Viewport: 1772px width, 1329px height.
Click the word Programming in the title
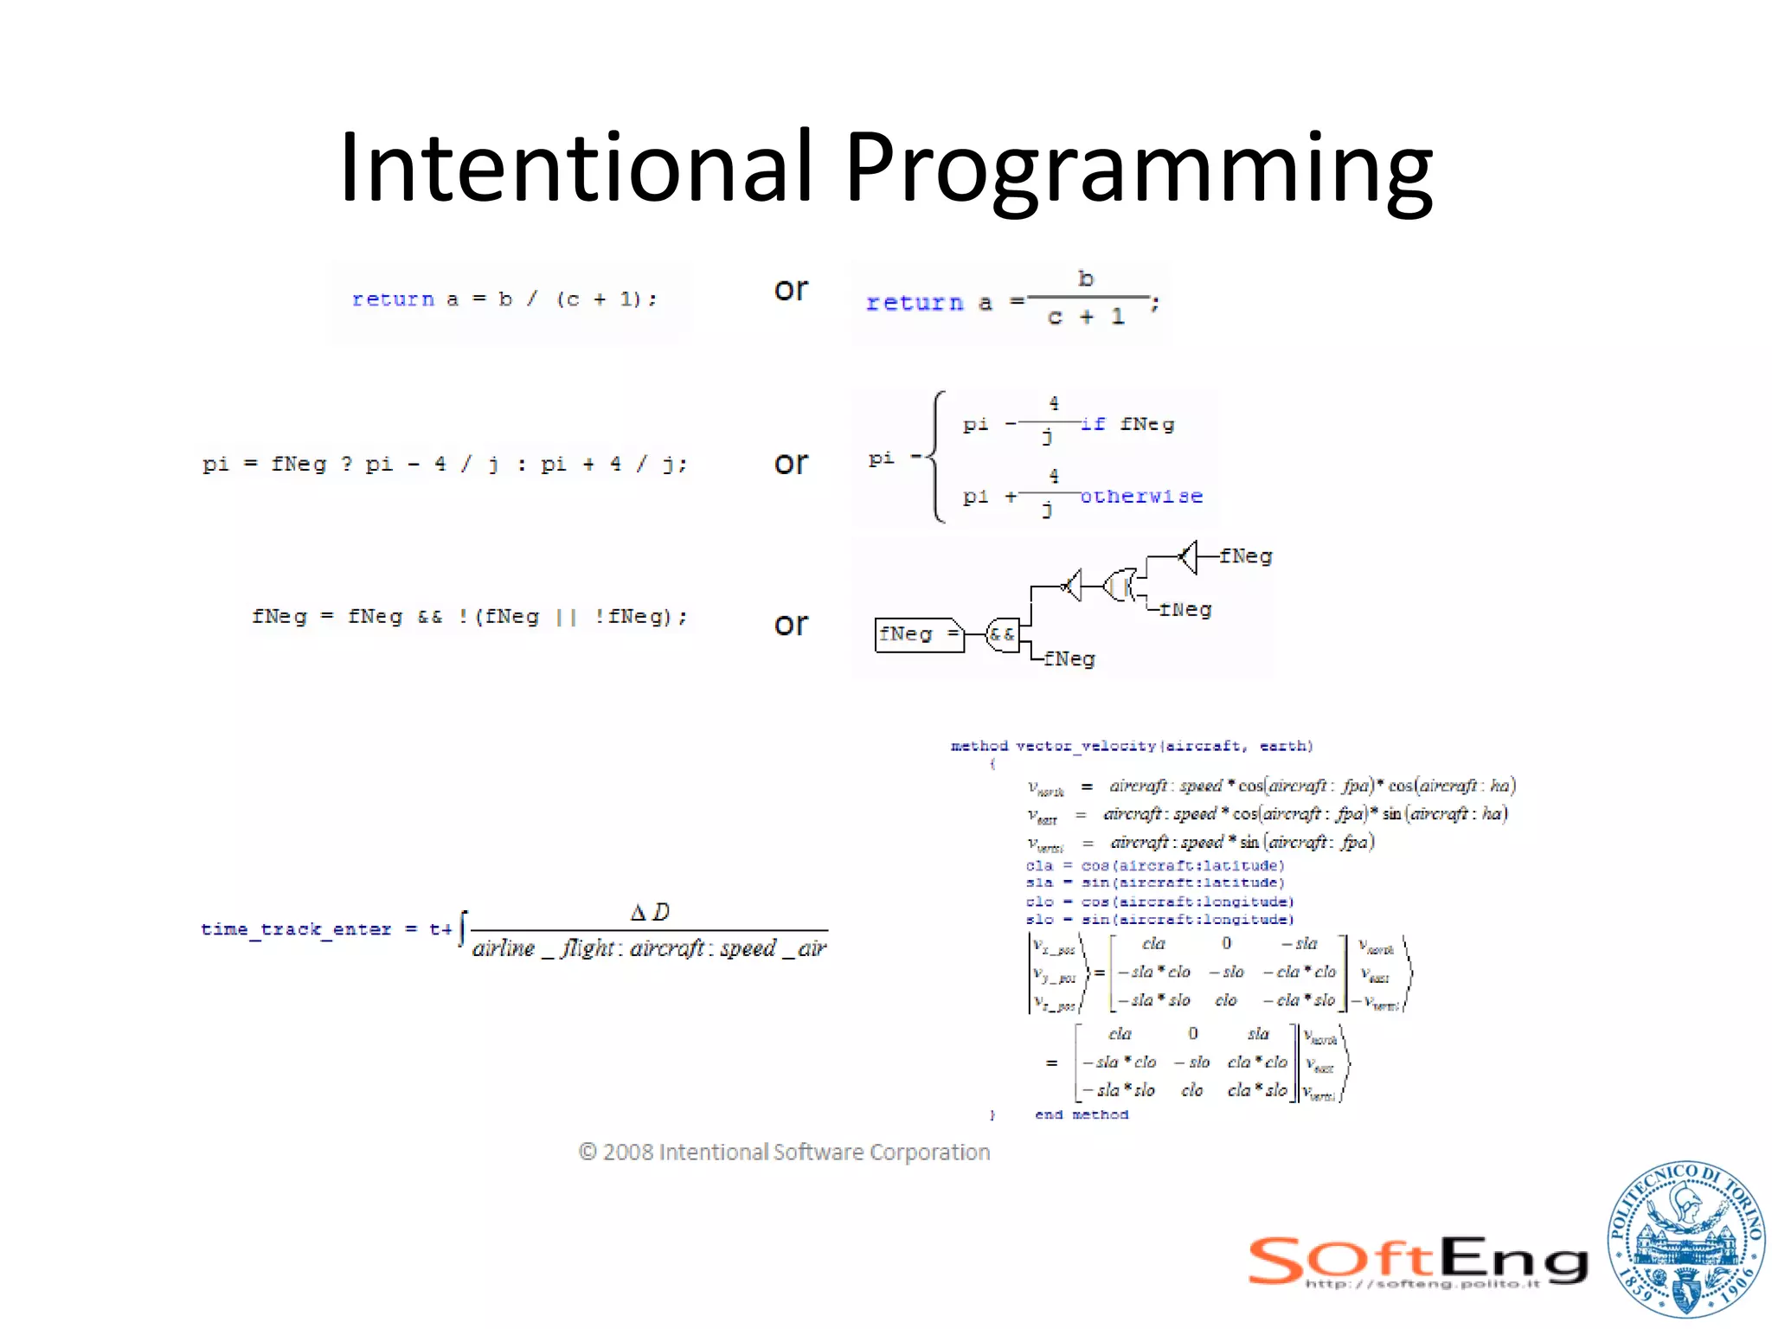tap(1137, 170)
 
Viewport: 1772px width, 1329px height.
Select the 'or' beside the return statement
tap(791, 290)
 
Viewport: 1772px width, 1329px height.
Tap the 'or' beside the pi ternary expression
tap(791, 464)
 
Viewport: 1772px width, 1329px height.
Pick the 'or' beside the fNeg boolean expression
tap(791, 625)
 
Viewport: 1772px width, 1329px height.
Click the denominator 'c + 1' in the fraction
tap(1086, 318)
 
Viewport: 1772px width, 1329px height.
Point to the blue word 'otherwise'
tap(1141, 497)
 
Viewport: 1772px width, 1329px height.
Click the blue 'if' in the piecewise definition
tap(1093, 424)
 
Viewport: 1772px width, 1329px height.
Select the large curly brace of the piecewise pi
tap(936, 457)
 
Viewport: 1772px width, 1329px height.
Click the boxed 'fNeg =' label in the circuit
tap(918, 634)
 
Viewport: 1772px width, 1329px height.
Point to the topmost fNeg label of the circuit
tap(1245, 556)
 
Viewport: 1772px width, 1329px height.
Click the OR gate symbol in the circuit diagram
tap(1121, 587)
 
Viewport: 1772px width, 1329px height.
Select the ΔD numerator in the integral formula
tap(650, 912)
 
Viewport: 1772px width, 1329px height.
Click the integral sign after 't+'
tap(463, 929)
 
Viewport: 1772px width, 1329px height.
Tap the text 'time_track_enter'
tap(296, 929)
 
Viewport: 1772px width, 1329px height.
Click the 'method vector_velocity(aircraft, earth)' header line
tap(1131, 746)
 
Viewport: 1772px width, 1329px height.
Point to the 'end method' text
tap(1081, 1114)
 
